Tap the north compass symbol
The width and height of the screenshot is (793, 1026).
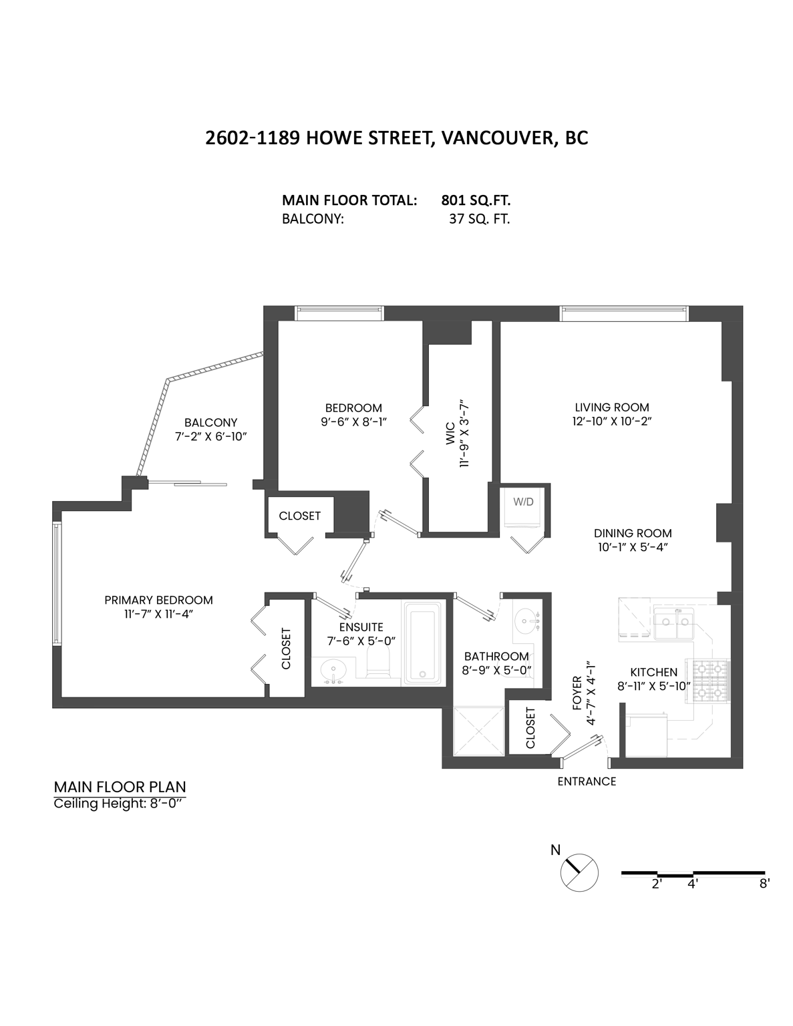pyautogui.click(x=579, y=872)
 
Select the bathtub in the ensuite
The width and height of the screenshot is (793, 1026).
pyautogui.click(x=424, y=643)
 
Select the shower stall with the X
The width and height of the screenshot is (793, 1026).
pyautogui.click(x=478, y=731)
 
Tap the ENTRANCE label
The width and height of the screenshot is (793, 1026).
pyautogui.click(x=587, y=782)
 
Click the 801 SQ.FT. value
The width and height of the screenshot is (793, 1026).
pyautogui.click(x=476, y=200)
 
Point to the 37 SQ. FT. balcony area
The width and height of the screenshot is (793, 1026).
pyautogui.click(x=479, y=219)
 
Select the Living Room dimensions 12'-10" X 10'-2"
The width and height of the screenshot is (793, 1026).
pyautogui.click(x=612, y=421)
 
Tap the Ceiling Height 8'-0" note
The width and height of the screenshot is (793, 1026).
pyautogui.click(x=118, y=804)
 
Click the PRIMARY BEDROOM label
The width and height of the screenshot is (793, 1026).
pyautogui.click(x=158, y=601)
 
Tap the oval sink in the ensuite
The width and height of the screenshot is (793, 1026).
pyautogui.click(x=332, y=671)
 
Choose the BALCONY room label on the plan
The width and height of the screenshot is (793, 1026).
pyautogui.click(x=211, y=423)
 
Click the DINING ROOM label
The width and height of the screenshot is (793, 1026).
pyautogui.click(x=633, y=533)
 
